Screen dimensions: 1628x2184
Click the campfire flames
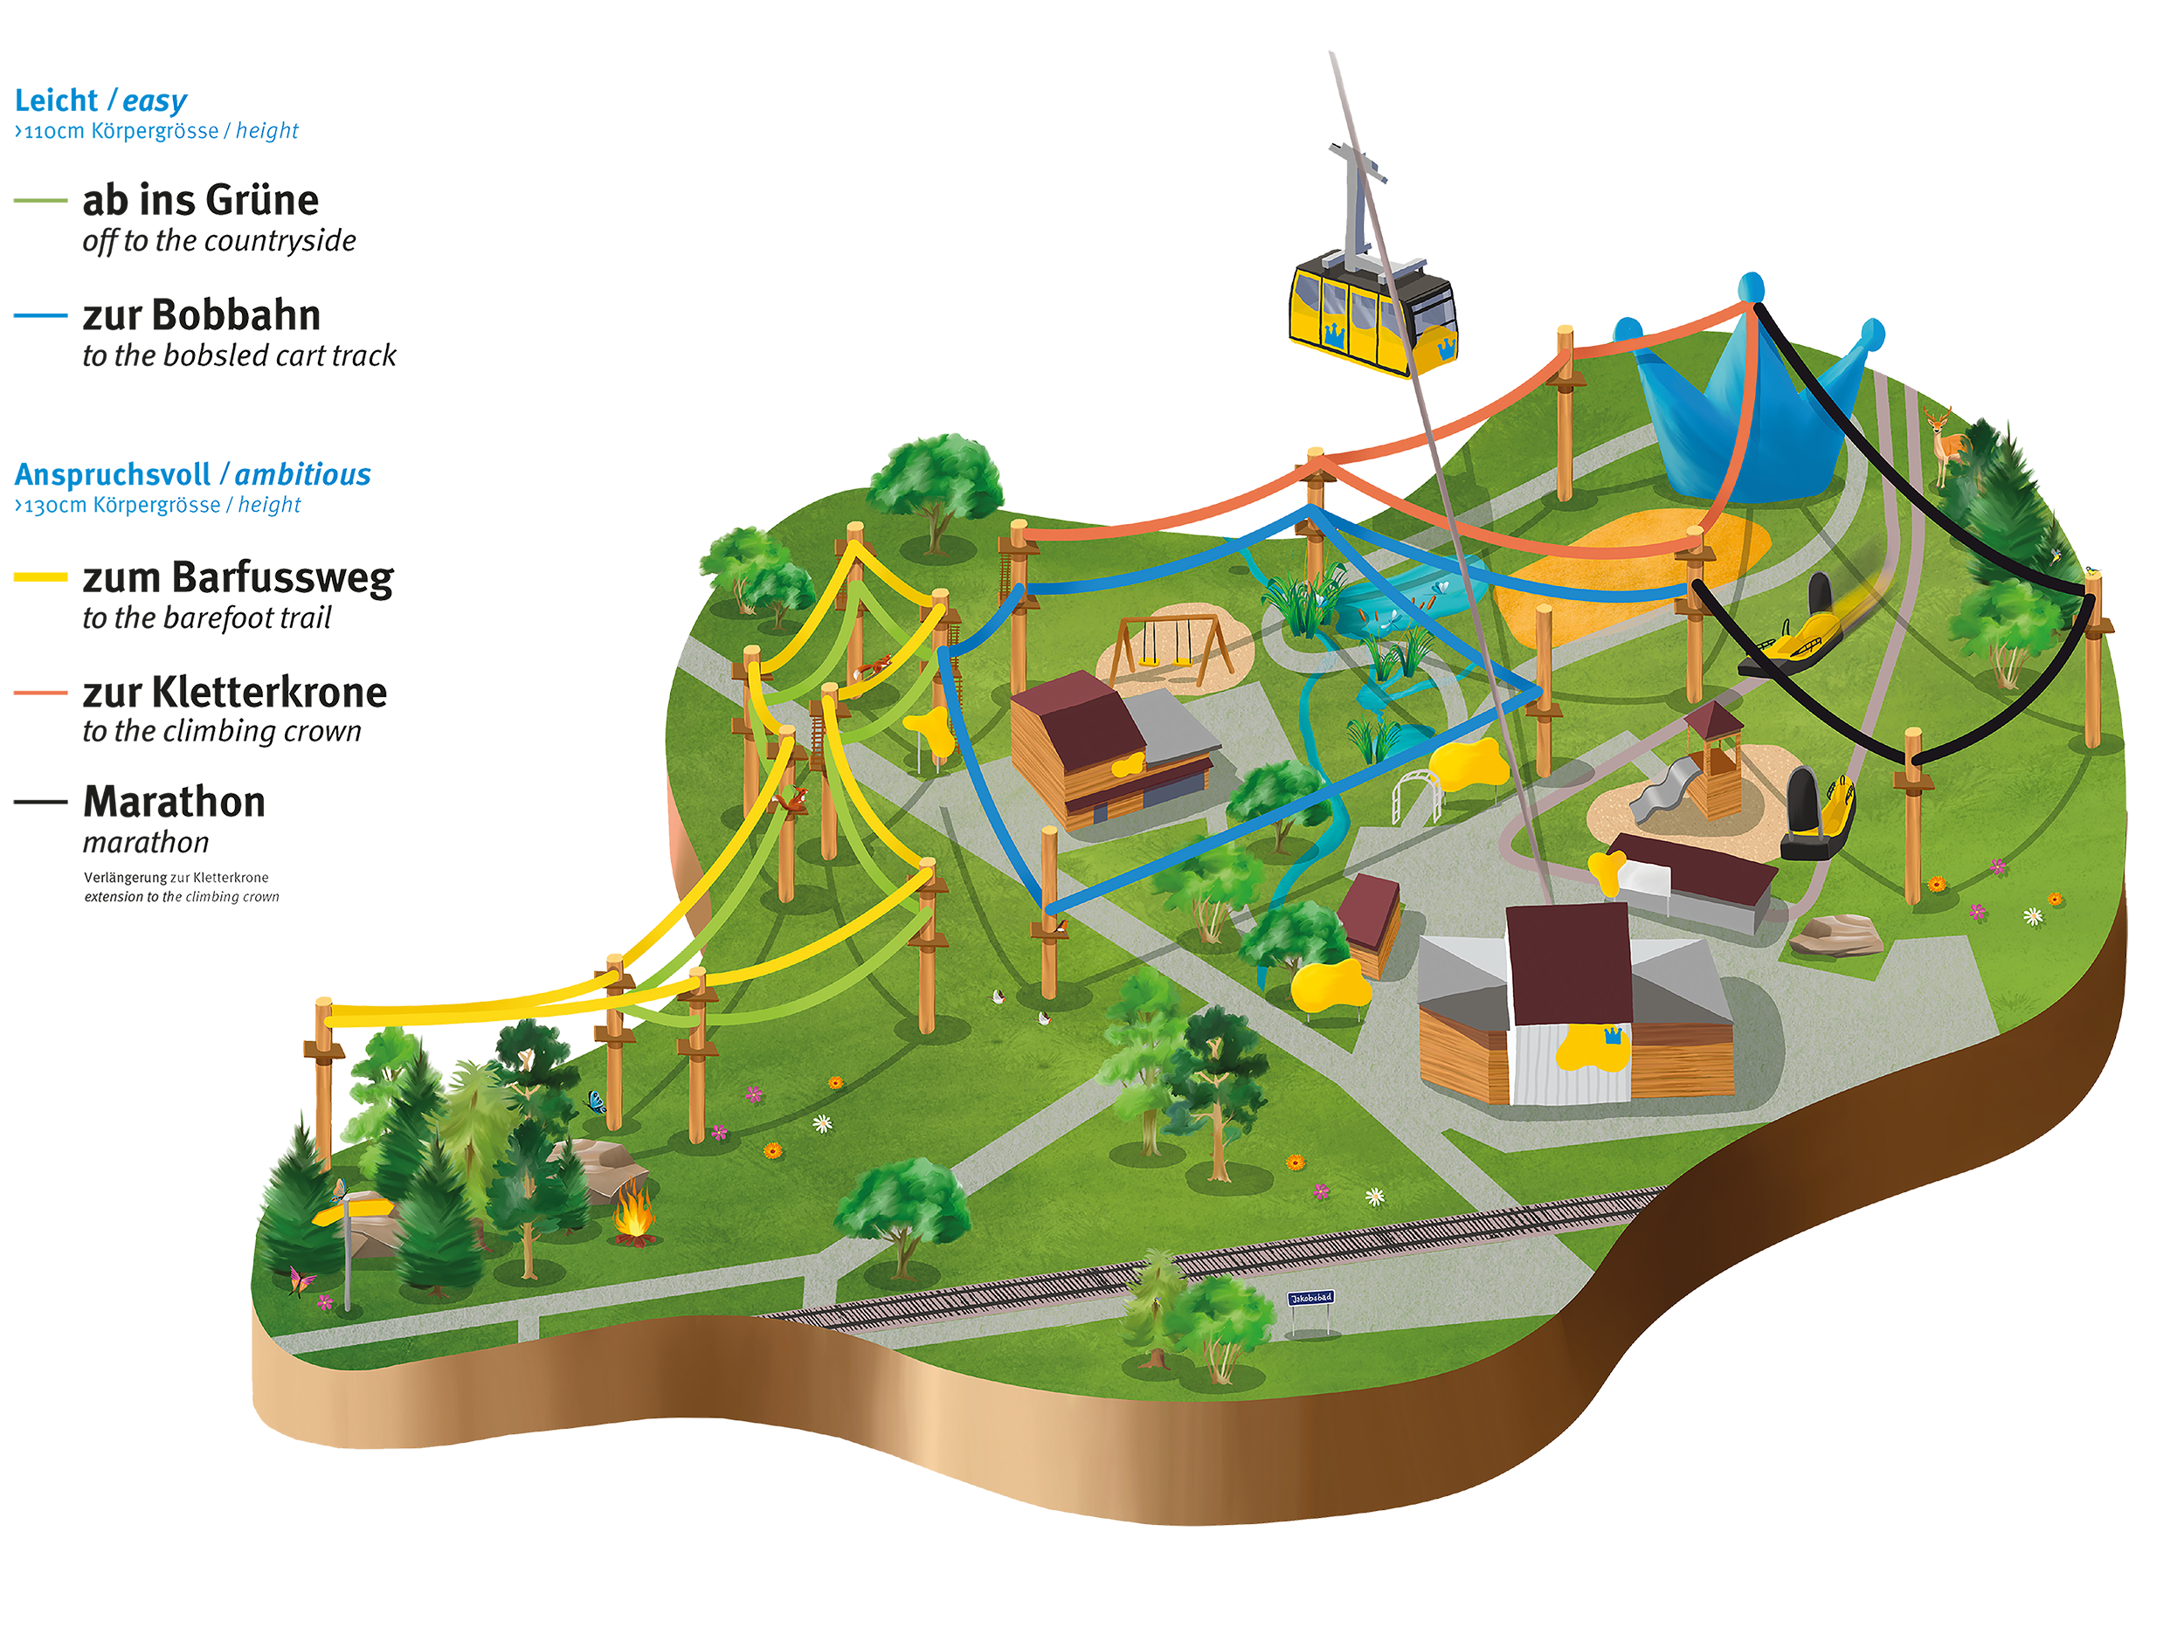(x=632, y=1217)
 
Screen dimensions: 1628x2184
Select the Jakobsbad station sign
(x=1310, y=1299)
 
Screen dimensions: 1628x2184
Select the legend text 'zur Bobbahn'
(x=201, y=315)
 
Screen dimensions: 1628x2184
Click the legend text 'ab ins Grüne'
(x=201, y=200)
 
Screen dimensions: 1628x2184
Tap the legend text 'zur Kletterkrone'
(x=235, y=693)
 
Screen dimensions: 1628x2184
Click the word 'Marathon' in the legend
(x=175, y=802)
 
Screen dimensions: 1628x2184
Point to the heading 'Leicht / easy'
(x=100, y=100)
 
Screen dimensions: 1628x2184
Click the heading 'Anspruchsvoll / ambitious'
(x=192, y=475)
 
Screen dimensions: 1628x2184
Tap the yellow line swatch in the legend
(x=40, y=577)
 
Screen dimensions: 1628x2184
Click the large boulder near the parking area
(x=1835, y=935)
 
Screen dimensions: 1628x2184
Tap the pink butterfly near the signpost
(x=300, y=1281)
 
